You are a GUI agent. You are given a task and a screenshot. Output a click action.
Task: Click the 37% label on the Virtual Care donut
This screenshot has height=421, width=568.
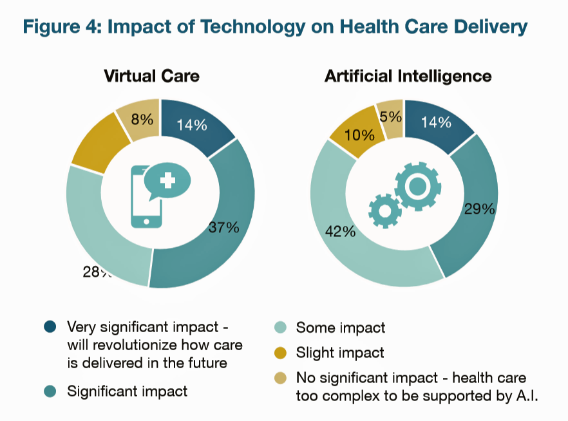pyautogui.click(x=223, y=227)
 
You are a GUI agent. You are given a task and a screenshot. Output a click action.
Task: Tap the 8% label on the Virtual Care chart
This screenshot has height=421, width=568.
pyautogui.click(x=142, y=118)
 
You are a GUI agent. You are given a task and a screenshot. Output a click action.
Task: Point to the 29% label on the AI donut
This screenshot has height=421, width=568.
pyautogui.click(x=479, y=209)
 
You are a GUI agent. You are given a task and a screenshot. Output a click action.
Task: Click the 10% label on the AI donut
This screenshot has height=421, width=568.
pyautogui.click(x=359, y=135)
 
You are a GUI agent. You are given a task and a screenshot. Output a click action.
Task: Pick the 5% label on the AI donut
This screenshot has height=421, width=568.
pyautogui.click(x=391, y=117)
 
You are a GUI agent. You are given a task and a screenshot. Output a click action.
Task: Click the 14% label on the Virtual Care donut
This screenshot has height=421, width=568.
pyautogui.click(x=191, y=125)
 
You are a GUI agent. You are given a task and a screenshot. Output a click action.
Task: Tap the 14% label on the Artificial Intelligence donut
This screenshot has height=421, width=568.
pyautogui.click(x=435, y=122)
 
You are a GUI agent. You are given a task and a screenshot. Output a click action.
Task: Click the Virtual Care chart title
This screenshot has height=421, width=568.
pyautogui.click(x=151, y=76)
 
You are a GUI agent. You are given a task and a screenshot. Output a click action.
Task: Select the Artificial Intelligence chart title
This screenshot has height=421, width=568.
pyautogui.click(x=408, y=76)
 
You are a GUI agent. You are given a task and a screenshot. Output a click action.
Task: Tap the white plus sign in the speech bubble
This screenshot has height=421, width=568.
pyautogui.click(x=167, y=180)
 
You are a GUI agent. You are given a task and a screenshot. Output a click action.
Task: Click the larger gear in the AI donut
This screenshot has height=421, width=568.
pyautogui.click(x=417, y=186)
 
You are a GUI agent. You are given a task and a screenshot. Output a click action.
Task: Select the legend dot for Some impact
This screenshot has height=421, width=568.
pyautogui.click(x=279, y=328)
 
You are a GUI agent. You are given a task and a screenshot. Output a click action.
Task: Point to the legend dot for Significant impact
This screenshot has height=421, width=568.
pyautogui.click(x=51, y=391)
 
